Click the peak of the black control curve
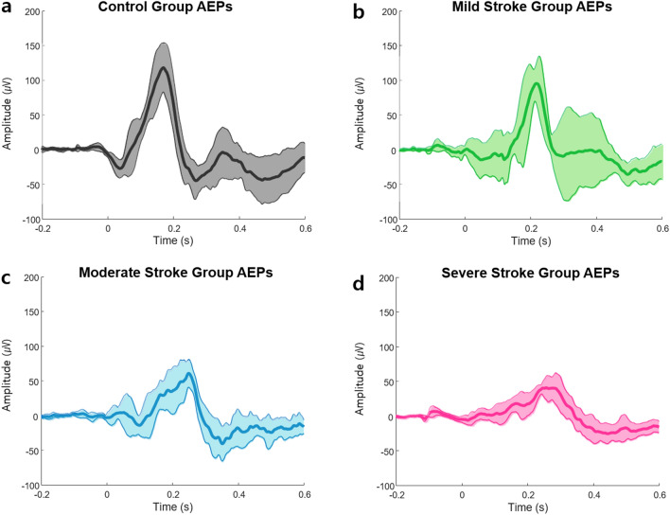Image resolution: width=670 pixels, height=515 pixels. [x=164, y=68]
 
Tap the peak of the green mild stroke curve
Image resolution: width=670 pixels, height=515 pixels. [x=537, y=83]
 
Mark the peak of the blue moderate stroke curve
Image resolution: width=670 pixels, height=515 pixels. [x=189, y=373]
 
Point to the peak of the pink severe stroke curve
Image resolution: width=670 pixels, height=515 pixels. [x=547, y=387]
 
